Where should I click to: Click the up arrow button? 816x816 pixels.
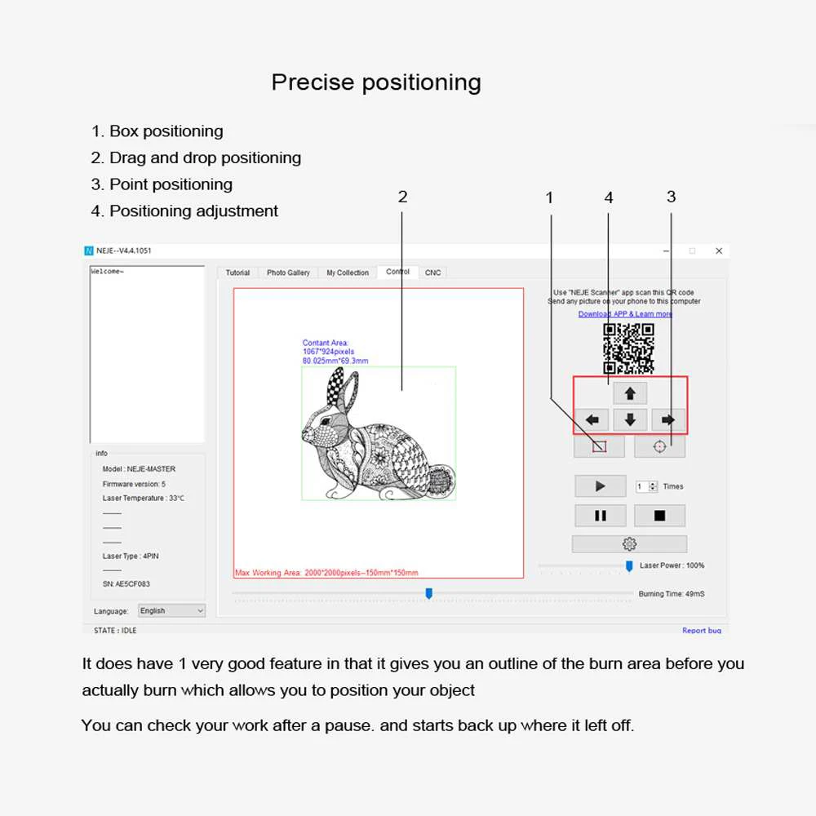tap(630, 393)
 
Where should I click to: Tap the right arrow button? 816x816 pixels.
tap(668, 420)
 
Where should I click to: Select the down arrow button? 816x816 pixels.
tap(630, 420)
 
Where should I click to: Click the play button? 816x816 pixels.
tap(600, 486)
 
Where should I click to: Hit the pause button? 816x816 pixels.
tap(600, 516)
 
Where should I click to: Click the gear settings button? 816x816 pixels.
tap(629, 544)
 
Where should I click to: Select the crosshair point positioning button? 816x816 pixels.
tap(659, 446)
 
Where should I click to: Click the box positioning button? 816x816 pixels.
tap(599, 446)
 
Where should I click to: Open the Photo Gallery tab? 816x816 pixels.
tap(288, 273)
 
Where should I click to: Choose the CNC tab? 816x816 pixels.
tap(433, 273)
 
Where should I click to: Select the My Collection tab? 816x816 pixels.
tap(348, 273)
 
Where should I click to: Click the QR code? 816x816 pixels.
tap(628, 348)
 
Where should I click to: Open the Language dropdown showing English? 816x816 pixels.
tap(171, 610)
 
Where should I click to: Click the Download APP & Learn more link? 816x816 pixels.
tap(625, 314)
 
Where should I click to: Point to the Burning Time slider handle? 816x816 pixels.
tap(428, 593)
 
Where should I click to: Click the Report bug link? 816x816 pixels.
tap(702, 631)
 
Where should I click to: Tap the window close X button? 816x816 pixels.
tap(719, 251)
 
